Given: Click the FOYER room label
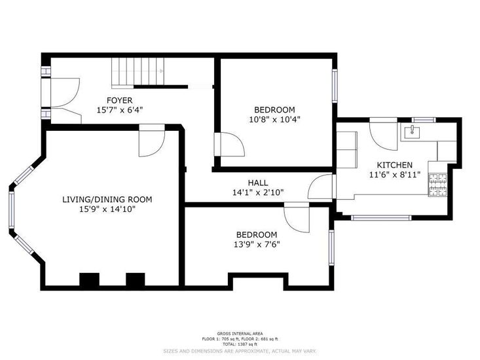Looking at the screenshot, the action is click(119, 100).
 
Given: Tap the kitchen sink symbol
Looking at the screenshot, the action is click(412, 132).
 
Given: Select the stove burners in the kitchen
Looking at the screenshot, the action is click(437, 185).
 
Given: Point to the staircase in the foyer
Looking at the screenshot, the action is click(138, 73).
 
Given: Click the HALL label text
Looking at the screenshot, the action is click(258, 183).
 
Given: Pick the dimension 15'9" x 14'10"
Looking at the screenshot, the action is click(107, 209).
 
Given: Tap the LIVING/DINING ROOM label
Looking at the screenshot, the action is click(107, 200).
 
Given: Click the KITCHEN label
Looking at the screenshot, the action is click(395, 165).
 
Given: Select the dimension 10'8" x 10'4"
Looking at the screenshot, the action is click(274, 119).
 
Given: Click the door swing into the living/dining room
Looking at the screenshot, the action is click(152, 141).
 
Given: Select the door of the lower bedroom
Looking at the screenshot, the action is click(297, 217).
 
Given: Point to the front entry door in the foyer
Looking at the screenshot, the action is click(65, 93).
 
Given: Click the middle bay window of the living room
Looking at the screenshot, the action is click(12, 210).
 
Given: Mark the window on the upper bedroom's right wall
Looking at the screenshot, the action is click(335, 86).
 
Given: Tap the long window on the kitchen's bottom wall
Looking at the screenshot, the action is click(381, 218).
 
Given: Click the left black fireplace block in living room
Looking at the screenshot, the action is click(90, 279).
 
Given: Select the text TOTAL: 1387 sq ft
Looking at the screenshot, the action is click(240, 344).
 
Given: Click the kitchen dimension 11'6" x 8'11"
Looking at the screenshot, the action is click(395, 175).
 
